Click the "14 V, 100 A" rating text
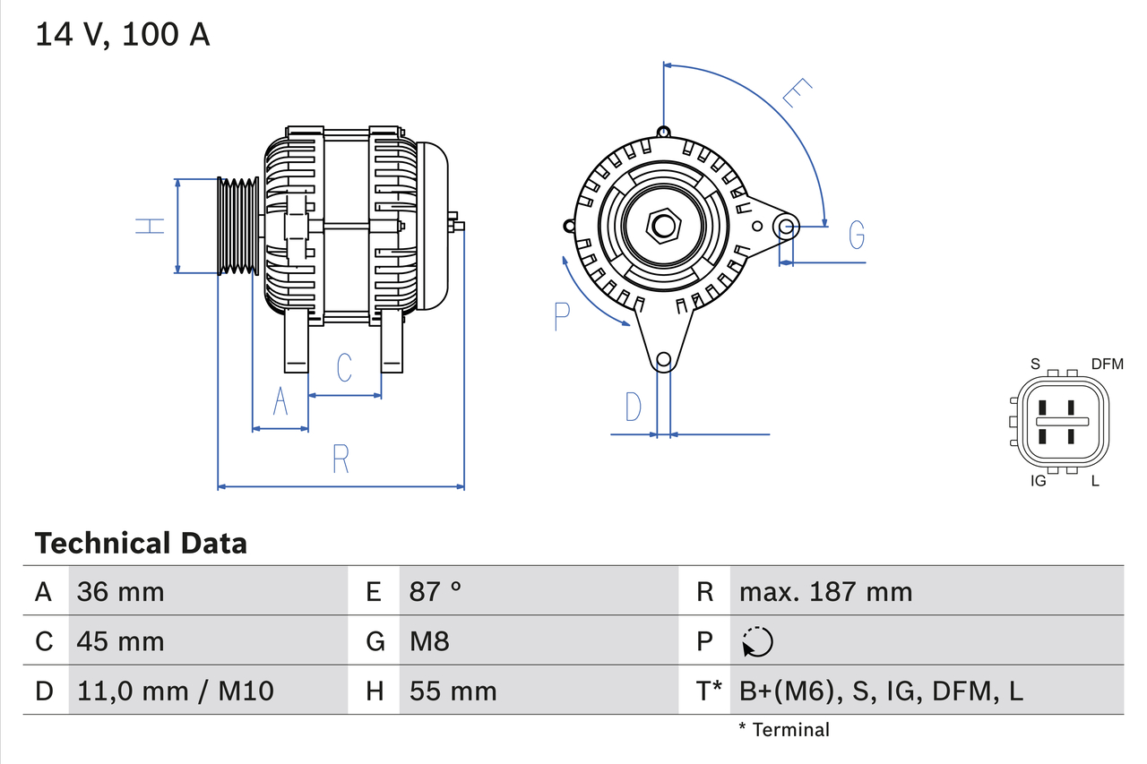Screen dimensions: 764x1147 123,35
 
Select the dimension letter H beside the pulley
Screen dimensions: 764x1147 151,226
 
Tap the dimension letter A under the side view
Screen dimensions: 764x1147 280,402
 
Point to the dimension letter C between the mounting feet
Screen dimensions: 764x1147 343,367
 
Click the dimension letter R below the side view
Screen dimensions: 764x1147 341,459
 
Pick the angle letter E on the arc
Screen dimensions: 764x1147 797,93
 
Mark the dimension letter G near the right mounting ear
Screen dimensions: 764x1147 857,235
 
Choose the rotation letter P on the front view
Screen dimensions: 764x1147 562,316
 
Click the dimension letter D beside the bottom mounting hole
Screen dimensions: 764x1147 634,407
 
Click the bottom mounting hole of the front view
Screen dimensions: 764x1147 663,360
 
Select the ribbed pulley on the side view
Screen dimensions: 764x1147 238,226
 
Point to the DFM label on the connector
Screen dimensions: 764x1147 1107,364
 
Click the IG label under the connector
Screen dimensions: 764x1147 1039,481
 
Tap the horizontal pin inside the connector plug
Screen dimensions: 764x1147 1062,421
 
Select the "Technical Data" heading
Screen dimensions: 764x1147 141,543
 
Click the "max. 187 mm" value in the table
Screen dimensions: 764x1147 825,591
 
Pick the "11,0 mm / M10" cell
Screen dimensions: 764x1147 176,691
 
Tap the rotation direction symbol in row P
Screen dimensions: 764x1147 757,641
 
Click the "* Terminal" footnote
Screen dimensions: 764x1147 784,729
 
